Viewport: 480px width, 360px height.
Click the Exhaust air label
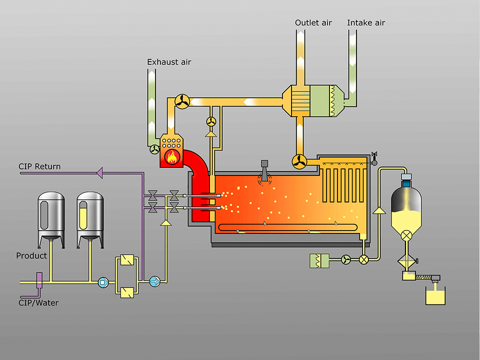click(x=169, y=62)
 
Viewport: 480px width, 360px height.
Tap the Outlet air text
click(x=313, y=23)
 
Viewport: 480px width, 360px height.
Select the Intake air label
click(x=366, y=23)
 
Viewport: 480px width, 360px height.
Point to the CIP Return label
click(x=39, y=166)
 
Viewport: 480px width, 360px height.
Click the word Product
click(x=31, y=255)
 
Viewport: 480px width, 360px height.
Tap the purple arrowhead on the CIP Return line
click(x=99, y=173)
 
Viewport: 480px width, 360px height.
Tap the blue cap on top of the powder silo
click(x=406, y=176)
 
